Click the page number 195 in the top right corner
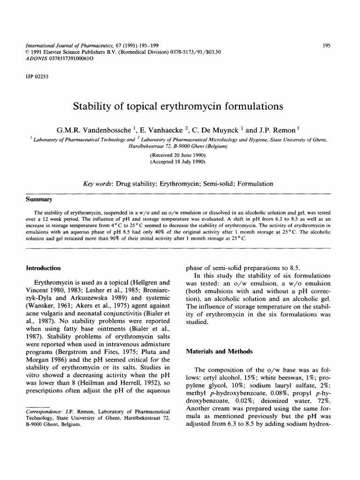point(327,45)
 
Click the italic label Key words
point(96,184)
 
